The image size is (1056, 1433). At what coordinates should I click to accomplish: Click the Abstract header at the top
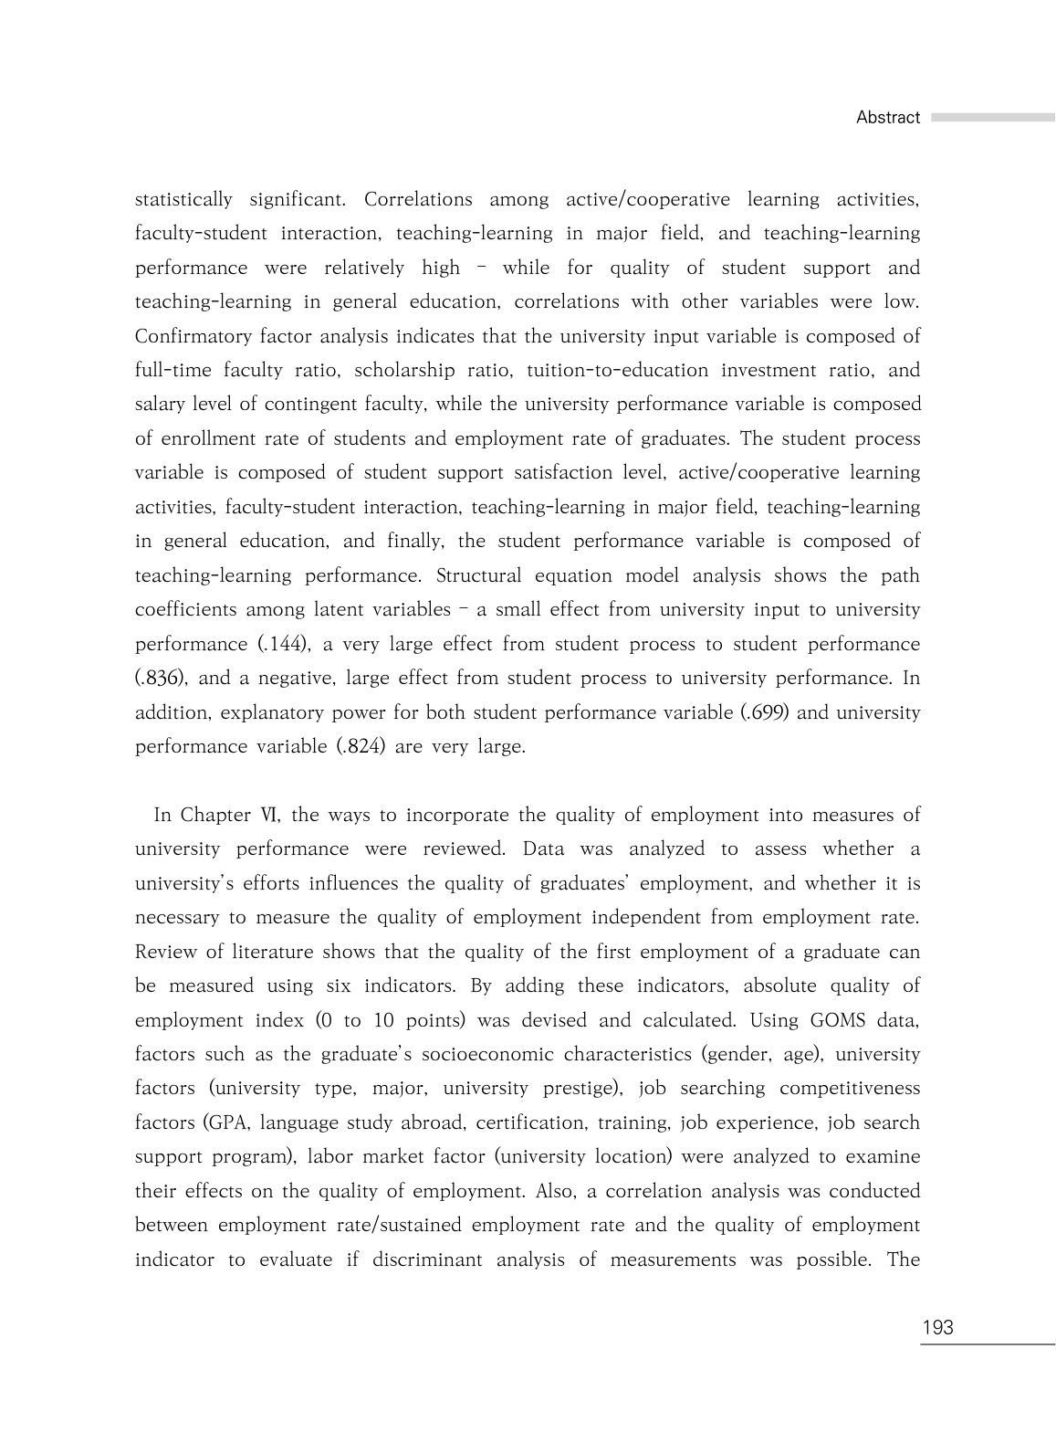point(887,118)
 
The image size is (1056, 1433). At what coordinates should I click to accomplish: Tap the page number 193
point(937,1328)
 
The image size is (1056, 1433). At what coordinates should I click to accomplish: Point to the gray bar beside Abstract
point(992,118)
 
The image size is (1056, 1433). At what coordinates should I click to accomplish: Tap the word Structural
point(479,576)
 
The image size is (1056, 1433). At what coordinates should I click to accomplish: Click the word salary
point(161,405)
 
